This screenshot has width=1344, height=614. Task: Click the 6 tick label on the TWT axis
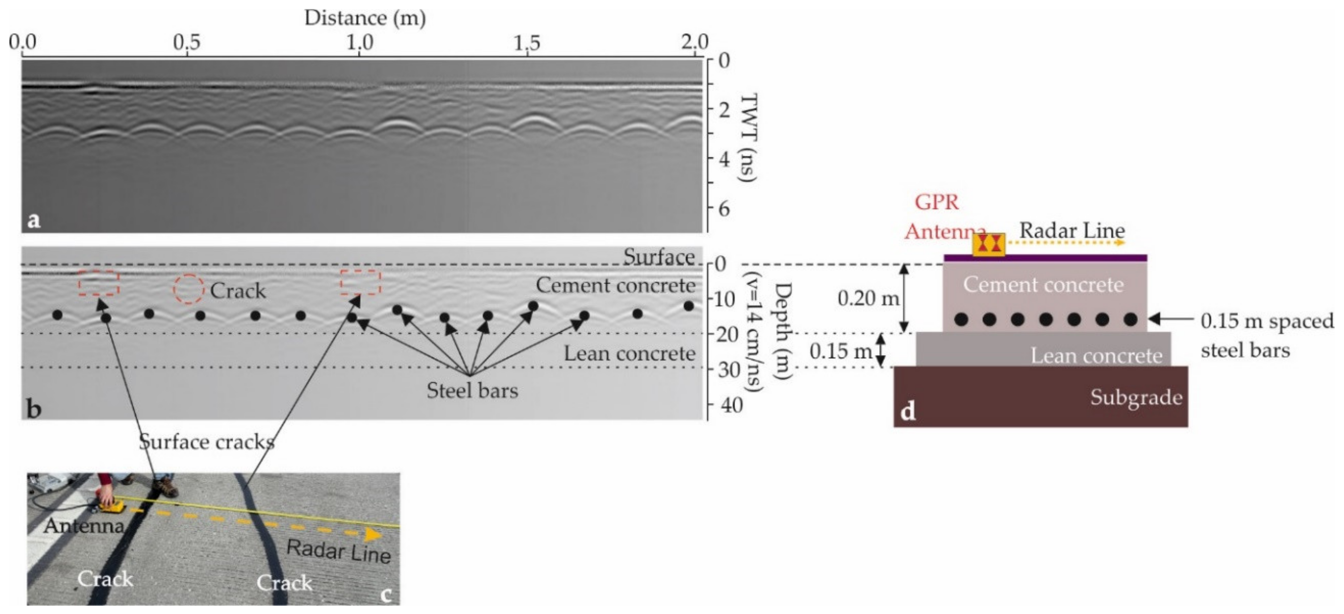[724, 209]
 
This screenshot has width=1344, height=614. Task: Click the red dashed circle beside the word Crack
[189, 289]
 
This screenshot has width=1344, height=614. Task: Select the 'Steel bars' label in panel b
[472, 390]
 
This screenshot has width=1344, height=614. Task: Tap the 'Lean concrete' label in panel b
[629, 354]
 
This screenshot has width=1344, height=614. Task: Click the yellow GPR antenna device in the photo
[111, 506]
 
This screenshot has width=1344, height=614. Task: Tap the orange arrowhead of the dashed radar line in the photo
[373, 535]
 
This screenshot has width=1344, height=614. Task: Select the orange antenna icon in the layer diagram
[989, 244]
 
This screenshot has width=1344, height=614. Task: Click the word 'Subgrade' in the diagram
[1136, 398]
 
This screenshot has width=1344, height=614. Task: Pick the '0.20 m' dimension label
[868, 298]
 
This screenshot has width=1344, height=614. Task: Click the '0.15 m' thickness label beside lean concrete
[840, 351]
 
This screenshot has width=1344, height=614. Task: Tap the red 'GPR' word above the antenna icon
[937, 202]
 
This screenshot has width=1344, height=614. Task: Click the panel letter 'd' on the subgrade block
[908, 412]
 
